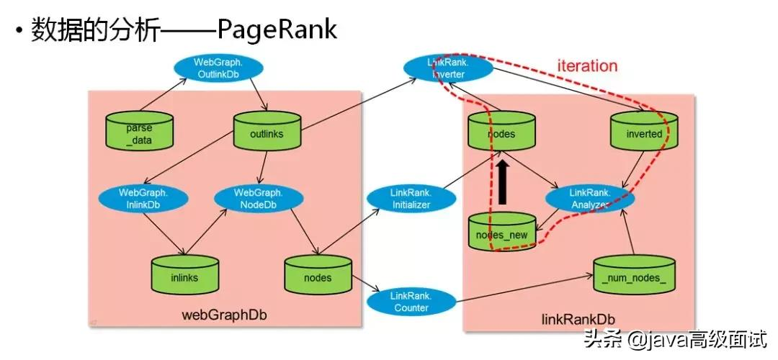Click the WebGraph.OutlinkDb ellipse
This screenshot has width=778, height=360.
pyautogui.click(x=218, y=68)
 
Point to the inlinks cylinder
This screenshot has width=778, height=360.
pyautogui.click(x=184, y=274)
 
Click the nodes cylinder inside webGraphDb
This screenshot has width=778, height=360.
pyautogui.click(x=318, y=274)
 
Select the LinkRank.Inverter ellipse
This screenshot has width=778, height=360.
pyautogui.click(x=448, y=68)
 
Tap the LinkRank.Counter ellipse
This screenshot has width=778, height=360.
pyautogui.click(x=410, y=302)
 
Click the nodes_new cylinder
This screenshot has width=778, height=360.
pyautogui.click(x=502, y=233)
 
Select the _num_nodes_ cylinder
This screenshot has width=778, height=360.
pyautogui.click(x=633, y=274)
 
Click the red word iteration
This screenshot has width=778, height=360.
pyautogui.click(x=587, y=66)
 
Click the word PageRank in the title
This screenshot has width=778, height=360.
pyautogui.click(x=277, y=30)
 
